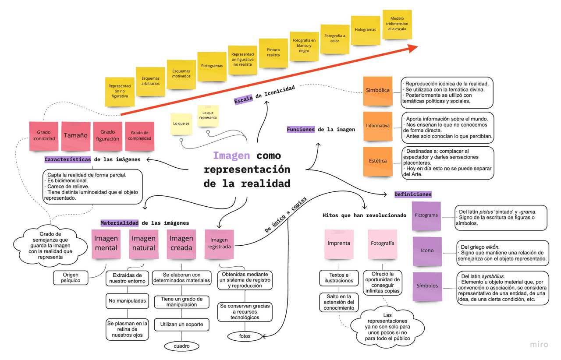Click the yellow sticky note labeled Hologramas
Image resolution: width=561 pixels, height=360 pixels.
pos(365,30)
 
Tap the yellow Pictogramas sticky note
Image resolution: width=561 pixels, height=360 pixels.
pos(212,66)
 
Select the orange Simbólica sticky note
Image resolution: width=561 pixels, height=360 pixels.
pos(377,91)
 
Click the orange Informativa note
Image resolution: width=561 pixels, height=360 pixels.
pos(377,126)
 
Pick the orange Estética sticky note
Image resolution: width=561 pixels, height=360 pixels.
pos(377,161)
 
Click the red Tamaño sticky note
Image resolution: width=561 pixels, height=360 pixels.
pos(76,136)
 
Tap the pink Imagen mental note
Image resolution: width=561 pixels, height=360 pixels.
pos(106,244)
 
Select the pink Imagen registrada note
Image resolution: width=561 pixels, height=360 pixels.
pos(219,244)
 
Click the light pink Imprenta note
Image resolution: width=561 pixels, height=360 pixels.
pos(339,243)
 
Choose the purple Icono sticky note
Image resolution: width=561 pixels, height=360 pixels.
pos(427,251)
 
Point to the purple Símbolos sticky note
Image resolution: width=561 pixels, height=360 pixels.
pos(427,286)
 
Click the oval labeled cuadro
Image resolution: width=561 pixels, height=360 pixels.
pos(181,346)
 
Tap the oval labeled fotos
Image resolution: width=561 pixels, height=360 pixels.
pos(245,336)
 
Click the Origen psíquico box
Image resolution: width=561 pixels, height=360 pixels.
pos(71,277)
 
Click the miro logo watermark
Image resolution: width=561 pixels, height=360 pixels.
pos(539,344)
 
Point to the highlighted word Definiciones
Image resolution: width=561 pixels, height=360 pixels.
pos(412,194)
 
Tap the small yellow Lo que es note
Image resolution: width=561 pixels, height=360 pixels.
pos(181,124)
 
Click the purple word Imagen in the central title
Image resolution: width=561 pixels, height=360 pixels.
pos(231,155)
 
